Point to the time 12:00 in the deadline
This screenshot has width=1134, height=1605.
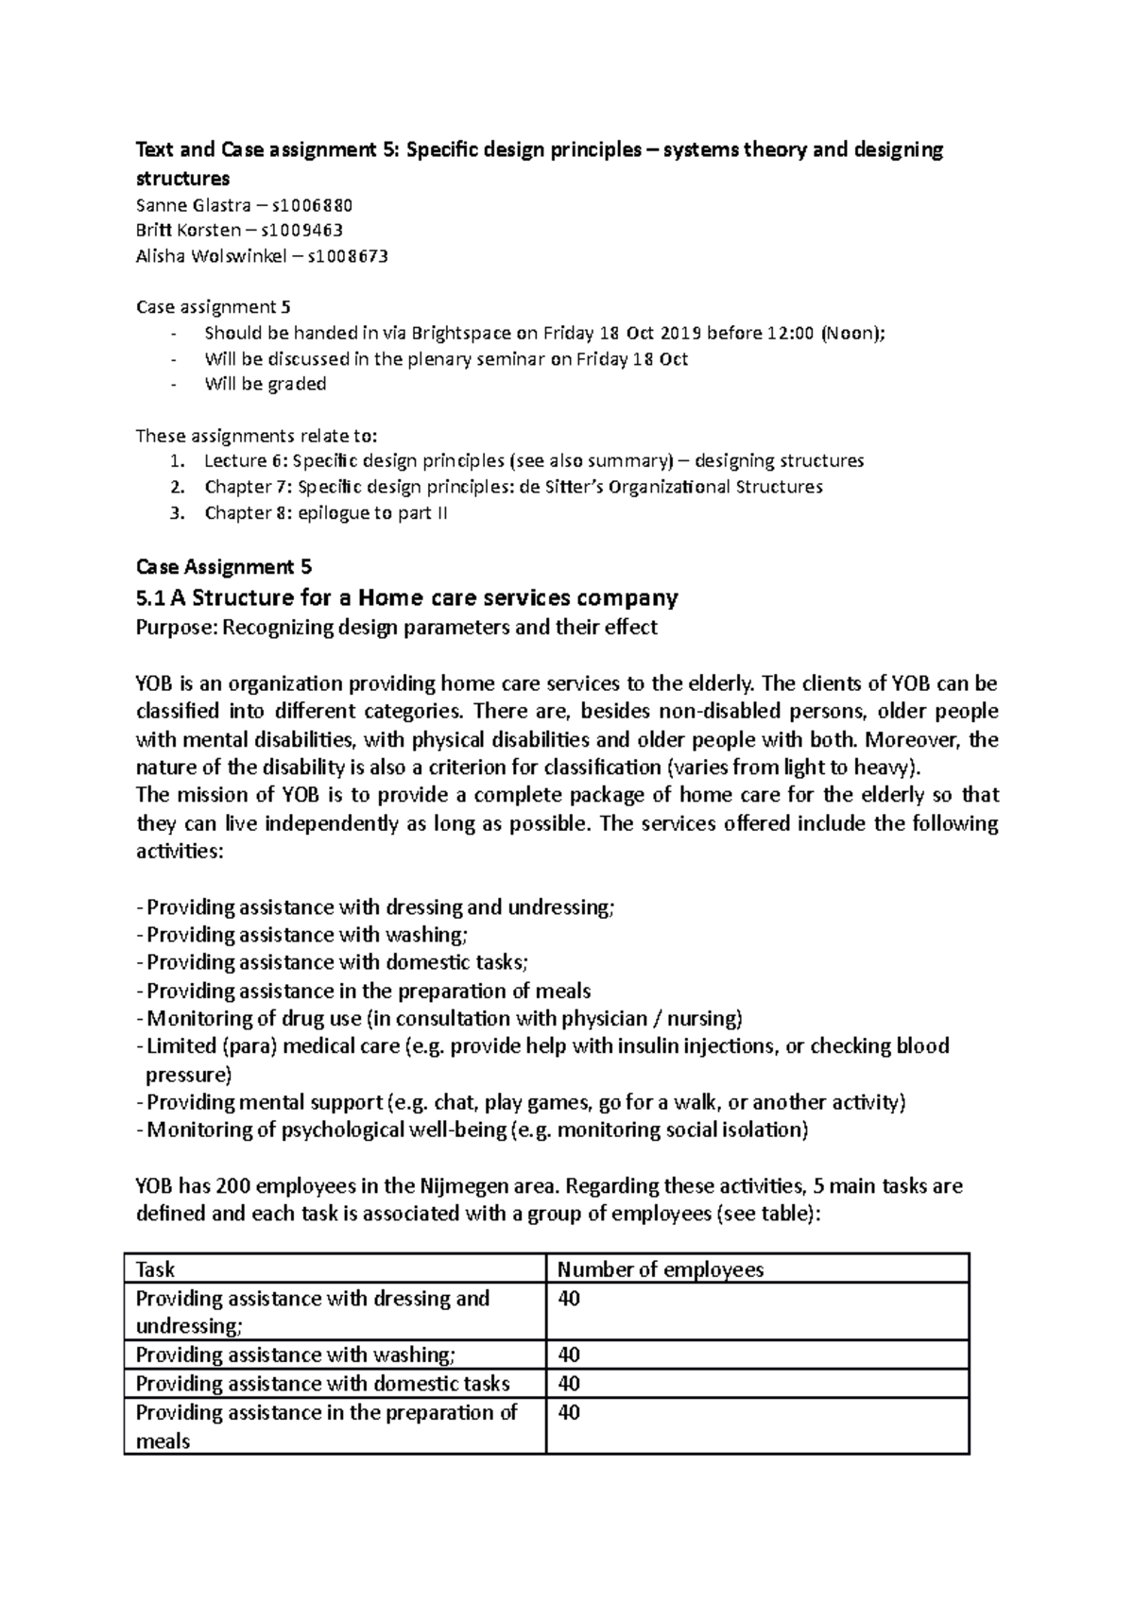tap(788, 333)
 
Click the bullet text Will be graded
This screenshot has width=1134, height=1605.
tap(265, 384)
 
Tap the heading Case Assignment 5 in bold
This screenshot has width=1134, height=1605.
tap(224, 567)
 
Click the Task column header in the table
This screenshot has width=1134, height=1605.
tap(156, 1269)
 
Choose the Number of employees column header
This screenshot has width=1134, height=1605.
tap(661, 1269)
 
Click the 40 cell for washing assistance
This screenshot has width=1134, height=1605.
tap(569, 1355)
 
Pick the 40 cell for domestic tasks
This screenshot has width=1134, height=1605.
tap(569, 1384)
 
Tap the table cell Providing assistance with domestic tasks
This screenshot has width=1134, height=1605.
tap(322, 1384)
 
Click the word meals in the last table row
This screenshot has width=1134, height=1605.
tap(163, 1441)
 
